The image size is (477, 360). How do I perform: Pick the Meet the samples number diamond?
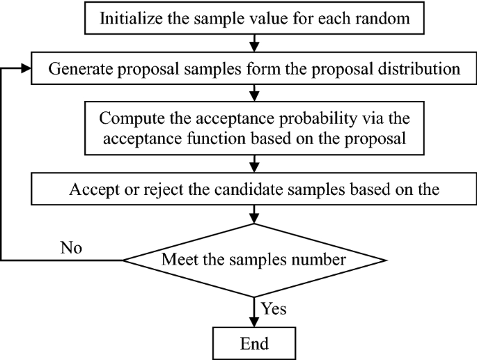click(254, 261)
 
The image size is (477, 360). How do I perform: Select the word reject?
click(148, 188)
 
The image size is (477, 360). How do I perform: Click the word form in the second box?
click(264, 69)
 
